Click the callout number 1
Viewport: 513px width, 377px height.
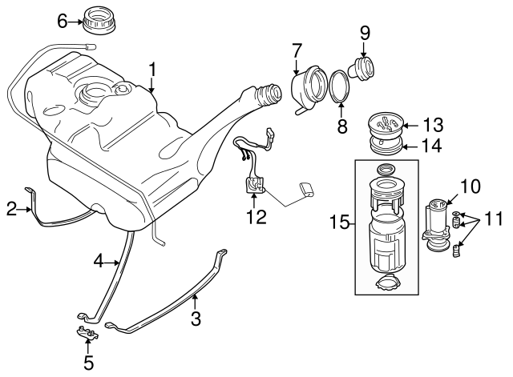151,70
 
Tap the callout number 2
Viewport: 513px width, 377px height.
11,210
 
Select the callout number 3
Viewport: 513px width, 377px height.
195,319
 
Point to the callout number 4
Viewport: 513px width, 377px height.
99,260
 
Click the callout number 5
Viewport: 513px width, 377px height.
88,363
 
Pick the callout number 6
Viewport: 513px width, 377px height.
62,22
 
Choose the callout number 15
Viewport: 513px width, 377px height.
339,222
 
